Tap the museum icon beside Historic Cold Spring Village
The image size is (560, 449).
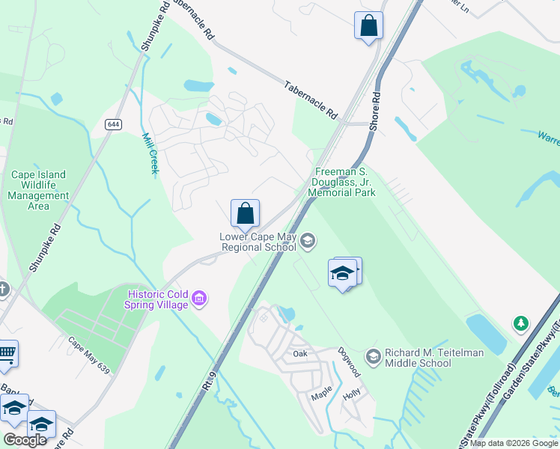click(199, 299)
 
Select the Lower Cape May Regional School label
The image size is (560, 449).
click(258, 242)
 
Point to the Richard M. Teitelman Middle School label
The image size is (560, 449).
click(428, 358)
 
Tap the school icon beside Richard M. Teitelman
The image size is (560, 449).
click(373, 354)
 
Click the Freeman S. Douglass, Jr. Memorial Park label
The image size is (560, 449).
click(344, 182)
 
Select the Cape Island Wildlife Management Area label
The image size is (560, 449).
click(38, 190)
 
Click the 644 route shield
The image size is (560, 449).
click(113, 124)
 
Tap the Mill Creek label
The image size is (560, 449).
click(150, 153)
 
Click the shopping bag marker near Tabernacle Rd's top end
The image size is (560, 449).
click(368, 26)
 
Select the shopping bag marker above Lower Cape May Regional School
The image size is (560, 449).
click(245, 214)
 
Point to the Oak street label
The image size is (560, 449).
click(300, 353)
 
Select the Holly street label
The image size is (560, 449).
click(351, 392)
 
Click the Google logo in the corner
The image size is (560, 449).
click(25, 440)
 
